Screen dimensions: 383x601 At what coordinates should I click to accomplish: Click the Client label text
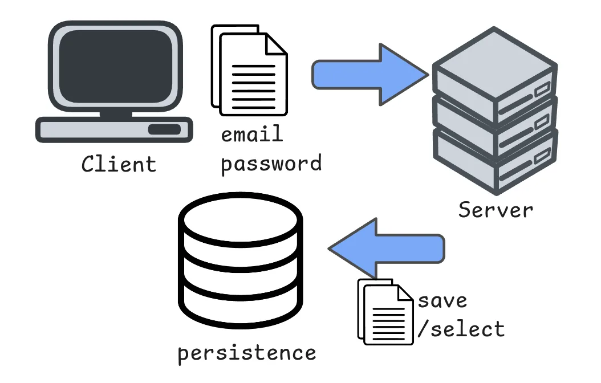point(119,164)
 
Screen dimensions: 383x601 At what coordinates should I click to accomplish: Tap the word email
point(252,135)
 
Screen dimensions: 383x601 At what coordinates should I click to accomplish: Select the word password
point(271,164)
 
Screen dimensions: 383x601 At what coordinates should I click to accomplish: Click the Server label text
point(496,210)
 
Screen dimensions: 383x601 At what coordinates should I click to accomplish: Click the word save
point(442,300)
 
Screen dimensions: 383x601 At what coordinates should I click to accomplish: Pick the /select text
point(461,329)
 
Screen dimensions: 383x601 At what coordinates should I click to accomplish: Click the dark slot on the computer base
point(164,129)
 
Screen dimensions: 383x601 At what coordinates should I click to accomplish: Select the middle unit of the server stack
point(493,120)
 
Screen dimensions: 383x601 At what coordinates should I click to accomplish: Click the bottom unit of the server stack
point(493,157)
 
